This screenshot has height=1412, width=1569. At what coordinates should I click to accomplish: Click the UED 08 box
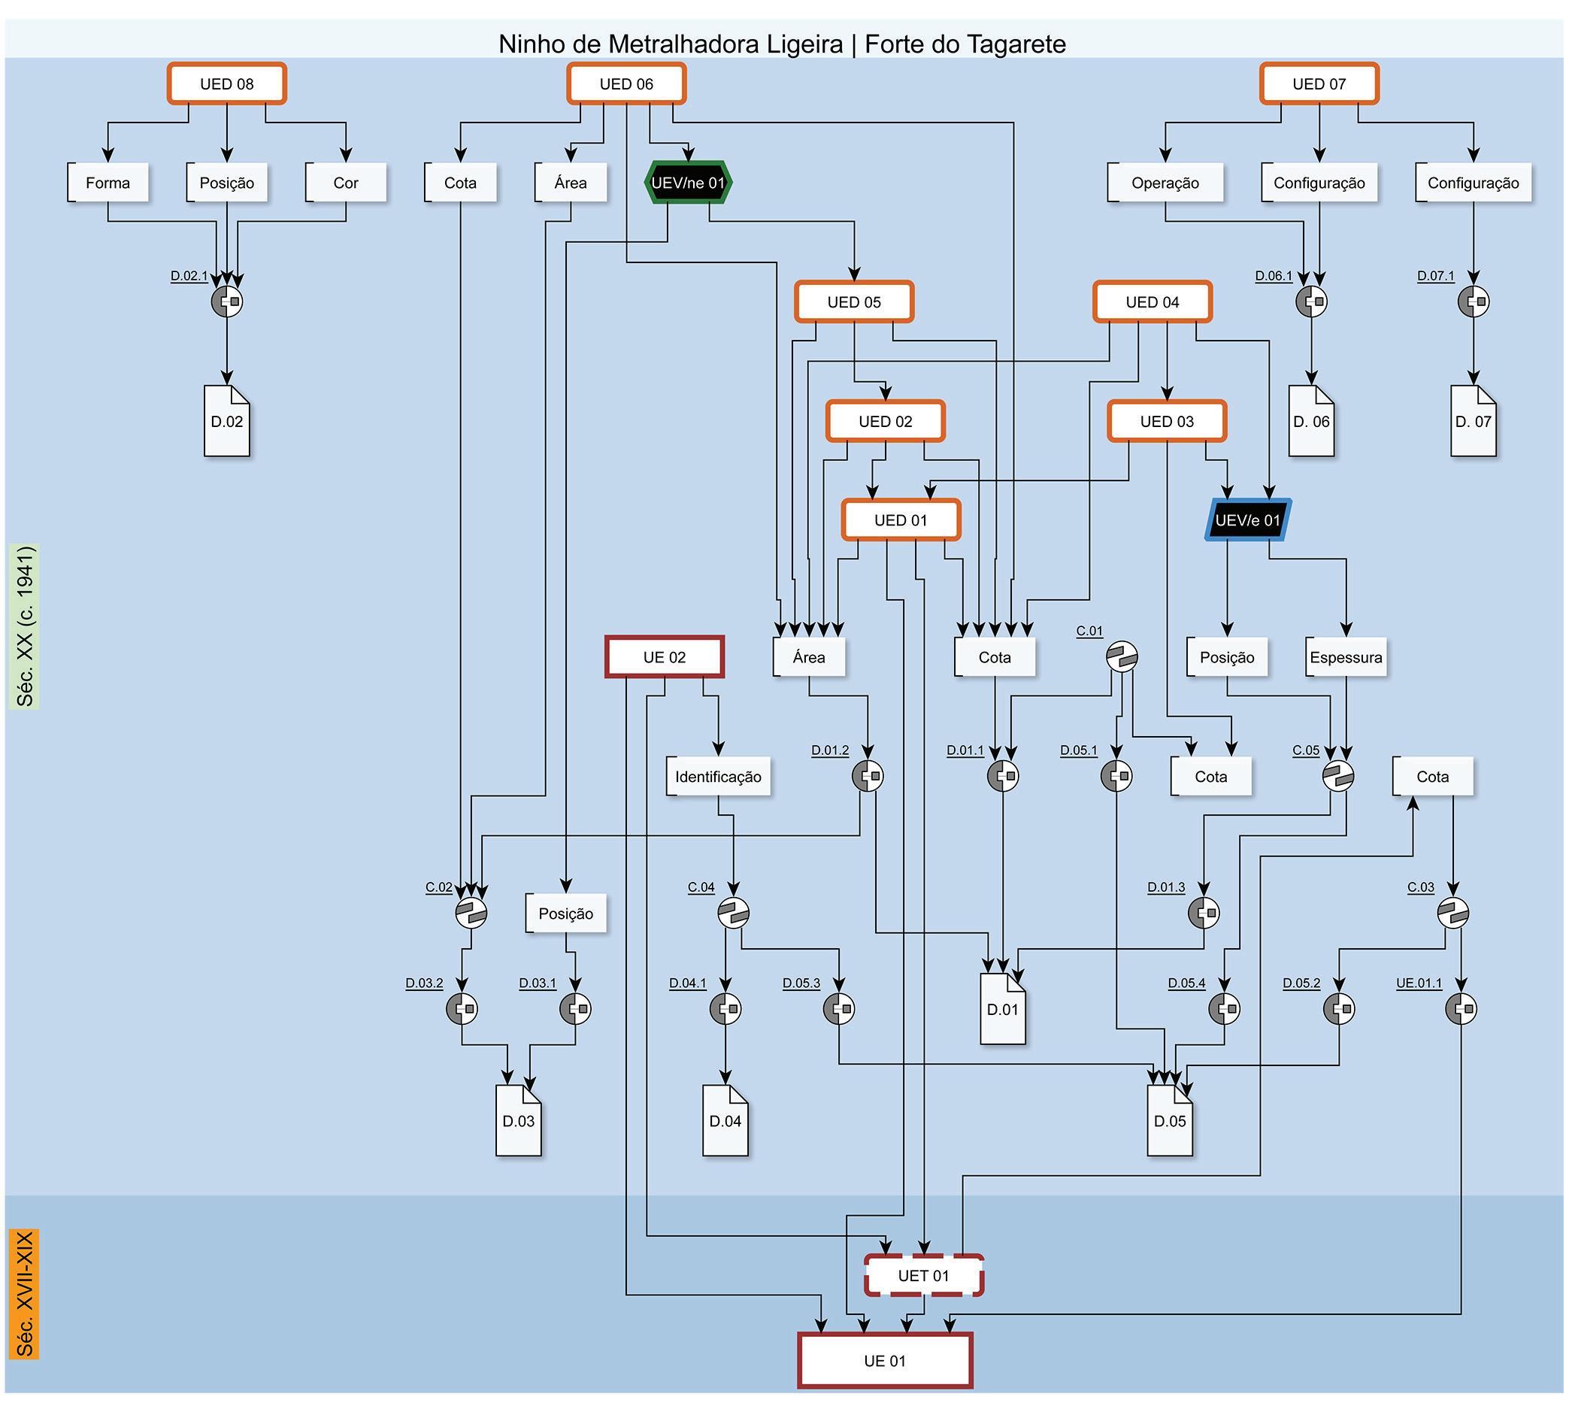pyautogui.click(x=226, y=83)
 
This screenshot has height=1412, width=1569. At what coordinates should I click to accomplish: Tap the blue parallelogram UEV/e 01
pyautogui.click(x=1247, y=520)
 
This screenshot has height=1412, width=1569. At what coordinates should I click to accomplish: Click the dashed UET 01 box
pyautogui.click(x=924, y=1275)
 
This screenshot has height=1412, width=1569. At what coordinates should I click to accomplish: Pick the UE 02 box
pyautogui.click(x=665, y=657)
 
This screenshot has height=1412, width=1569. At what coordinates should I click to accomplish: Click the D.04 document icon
pyautogui.click(x=725, y=1120)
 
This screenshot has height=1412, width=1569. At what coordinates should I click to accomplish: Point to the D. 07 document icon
pyautogui.click(x=1473, y=421)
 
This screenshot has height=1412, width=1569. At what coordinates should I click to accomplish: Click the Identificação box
pyautogui.click(x=718, y=777)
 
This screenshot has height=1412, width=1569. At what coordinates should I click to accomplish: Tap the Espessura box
pyautogui.click(x=1346, y=657)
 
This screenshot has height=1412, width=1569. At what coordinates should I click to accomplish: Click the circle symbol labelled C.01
pyautogui.click(x=1122, y=656)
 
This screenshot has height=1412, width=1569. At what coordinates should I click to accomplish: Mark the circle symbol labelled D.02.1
pyautogui.click(x=227, y=301)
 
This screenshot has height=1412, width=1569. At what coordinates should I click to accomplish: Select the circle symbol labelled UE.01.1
pyautogui.click(x=1461, y=1008)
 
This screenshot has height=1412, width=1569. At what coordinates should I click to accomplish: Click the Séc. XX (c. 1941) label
pyautogui.click(x=25, y=626)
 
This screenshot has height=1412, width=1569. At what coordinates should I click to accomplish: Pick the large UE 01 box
pyautogui.click(x=885, y=1360)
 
